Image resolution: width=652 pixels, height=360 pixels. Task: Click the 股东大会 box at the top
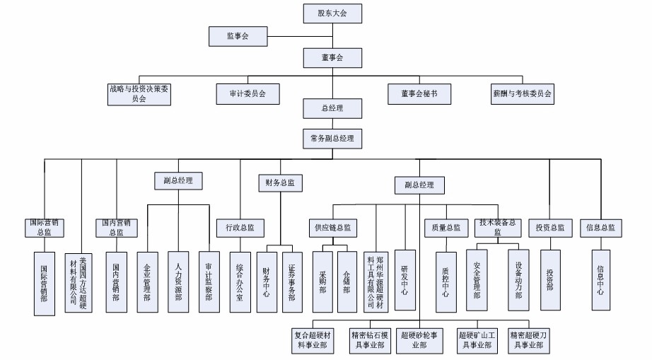pyautogui.click(x=332, y=12)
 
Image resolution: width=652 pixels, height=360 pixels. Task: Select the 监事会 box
pyautogui.click(x=238, y=35)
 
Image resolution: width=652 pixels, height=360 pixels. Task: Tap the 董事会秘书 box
pyautogui.click(x=417, y=93)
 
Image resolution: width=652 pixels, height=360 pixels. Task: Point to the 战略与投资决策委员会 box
pyautogui.click(x=138, y=94)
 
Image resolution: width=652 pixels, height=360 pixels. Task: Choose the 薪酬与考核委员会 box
pyautogui.click(x=523, y=93)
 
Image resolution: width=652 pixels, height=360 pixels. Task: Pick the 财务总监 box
pyautogui.click(x=280, y=182)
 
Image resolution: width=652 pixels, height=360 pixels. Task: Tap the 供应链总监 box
pyautogui.click(x=332, y=228)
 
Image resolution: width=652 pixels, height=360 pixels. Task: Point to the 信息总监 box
pyautogui.click(x=600, y=228)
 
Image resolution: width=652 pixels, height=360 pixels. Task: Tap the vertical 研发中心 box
pyautogui.click(x=405, y=279)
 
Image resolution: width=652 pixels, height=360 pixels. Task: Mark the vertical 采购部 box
pyautogui.click(x=322, y=281)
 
